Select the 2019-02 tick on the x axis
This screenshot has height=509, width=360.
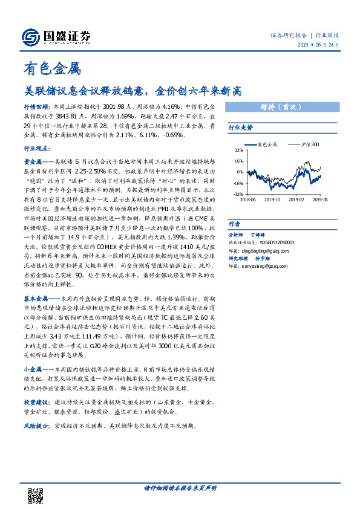(x=296, y=198)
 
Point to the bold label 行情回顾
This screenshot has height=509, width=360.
(x=34, y=105)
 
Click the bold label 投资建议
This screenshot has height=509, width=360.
(x=34, y=402)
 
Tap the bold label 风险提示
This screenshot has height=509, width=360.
(x=34, y=426)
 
